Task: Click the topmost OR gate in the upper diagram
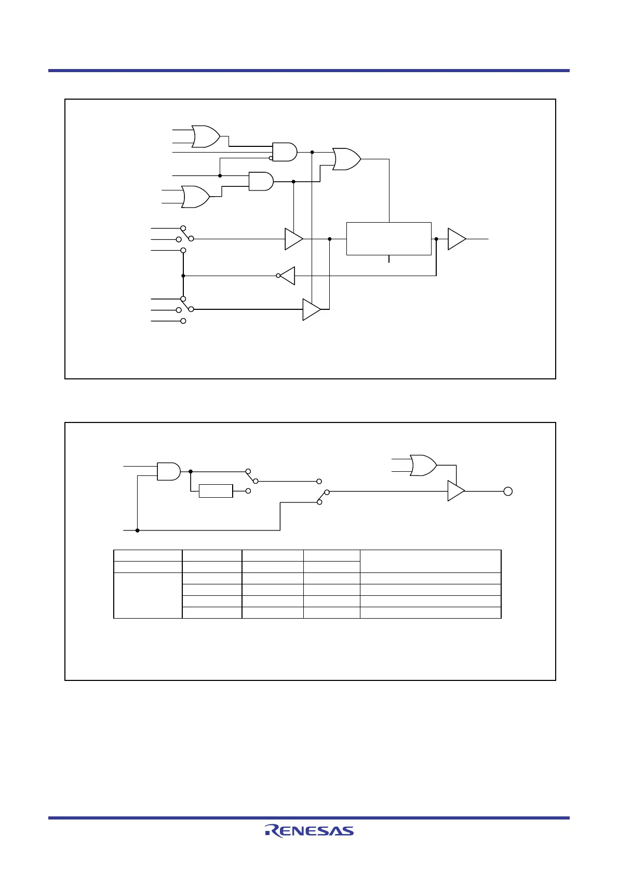206,136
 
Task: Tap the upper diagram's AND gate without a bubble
261,181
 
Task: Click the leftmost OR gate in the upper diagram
195,197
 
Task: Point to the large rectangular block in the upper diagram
388,239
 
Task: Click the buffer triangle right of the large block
456,239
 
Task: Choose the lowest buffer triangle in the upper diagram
311,309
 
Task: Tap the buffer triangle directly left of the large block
293,239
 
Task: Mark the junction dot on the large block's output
436,239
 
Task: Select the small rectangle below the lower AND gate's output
216,490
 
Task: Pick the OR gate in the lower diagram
423,466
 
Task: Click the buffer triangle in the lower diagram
455,491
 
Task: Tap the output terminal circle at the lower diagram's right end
508,491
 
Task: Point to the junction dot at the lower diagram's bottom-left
137,530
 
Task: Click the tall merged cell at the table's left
148,595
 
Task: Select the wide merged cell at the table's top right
431,561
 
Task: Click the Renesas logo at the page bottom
310,830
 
